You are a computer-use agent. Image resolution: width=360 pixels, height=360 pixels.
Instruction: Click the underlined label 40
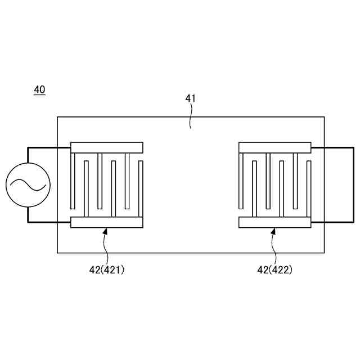click(x=40, y=89)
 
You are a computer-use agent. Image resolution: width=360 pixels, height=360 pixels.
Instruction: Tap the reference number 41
click(x=191, y=98)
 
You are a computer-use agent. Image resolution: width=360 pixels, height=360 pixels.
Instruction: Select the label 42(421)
click(x=107, y=270)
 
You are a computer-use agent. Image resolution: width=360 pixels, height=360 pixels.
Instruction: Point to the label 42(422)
click(x=275, y=270)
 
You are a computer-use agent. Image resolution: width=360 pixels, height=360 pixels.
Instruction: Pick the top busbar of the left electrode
click(x=107, y=148)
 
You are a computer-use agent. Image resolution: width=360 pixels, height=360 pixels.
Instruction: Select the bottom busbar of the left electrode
click(x=107, y=222)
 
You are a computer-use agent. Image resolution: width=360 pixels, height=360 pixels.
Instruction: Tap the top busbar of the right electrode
click(x=275, y=148)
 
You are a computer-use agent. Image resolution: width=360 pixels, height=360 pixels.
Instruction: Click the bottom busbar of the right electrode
click(x=275, y=222)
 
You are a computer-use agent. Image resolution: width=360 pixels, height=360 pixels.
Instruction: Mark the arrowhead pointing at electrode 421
click(x=106, y=231)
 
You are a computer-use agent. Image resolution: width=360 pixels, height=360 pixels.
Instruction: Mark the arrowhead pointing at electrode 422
click(x=273, y=231)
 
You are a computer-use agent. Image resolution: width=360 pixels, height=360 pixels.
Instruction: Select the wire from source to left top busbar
click(x=48, y=148)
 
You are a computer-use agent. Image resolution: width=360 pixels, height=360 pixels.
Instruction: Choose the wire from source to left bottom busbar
click(x=48, y=222)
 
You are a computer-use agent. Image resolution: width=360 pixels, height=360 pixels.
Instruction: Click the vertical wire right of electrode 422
click(x=338, y=185)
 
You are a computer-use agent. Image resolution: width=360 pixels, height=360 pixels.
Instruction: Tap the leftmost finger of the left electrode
click(x=73, y=179)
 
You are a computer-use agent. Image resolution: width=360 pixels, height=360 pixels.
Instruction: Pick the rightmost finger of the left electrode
click(x=141, y=189)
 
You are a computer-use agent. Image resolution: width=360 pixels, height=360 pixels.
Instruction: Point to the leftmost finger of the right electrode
click(x=241, y=179)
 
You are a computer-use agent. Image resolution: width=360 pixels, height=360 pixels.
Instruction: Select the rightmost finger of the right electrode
click(x=309, y=189)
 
